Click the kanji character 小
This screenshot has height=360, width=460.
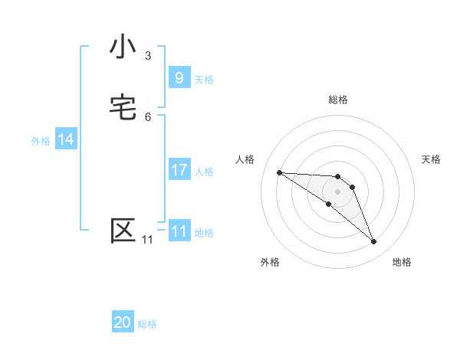pyautogui.click(x=123, y=47)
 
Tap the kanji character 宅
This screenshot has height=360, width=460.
pyautogui.click(x=123, y=107)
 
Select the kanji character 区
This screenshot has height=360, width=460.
pyautogui.click(x=123, y=231)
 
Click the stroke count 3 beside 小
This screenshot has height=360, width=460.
pyautogui.click(x=148, y=55)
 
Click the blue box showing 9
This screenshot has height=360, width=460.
pyautogui.click(x=179, y=77)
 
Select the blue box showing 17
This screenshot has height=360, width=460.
pyautogui.click(x=179, y=170)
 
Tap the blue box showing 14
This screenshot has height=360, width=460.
pyautogui.click(x=66, y=139)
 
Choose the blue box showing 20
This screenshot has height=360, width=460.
pyautogui.click(x=123, y=322)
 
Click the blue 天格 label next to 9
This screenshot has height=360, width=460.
pyautogui.click(x=204, y=79)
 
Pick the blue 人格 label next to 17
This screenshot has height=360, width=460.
pyautogui.click(x=204, y=172)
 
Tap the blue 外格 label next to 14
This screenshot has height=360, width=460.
pyautogui.click(x=41, y=141)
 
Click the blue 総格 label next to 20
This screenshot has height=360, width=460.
pyautogui.click(x=147, y=324)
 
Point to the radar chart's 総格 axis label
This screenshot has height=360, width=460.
pyautogui.click(x=338, y=100)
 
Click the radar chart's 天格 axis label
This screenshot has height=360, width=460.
pyautogui.click(x=432, y=159)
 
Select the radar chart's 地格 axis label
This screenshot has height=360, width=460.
pyautogui.click(x=402, y=262)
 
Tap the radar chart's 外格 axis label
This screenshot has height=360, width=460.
pyautogui.click(x=270, y=262)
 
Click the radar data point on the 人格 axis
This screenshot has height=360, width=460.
pyautogui.click(x=279, y=172)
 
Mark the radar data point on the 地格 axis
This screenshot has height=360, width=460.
pyautogui.click(x=373, y=242)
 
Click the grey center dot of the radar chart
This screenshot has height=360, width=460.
pyautogui.click(x=338, y=191)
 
